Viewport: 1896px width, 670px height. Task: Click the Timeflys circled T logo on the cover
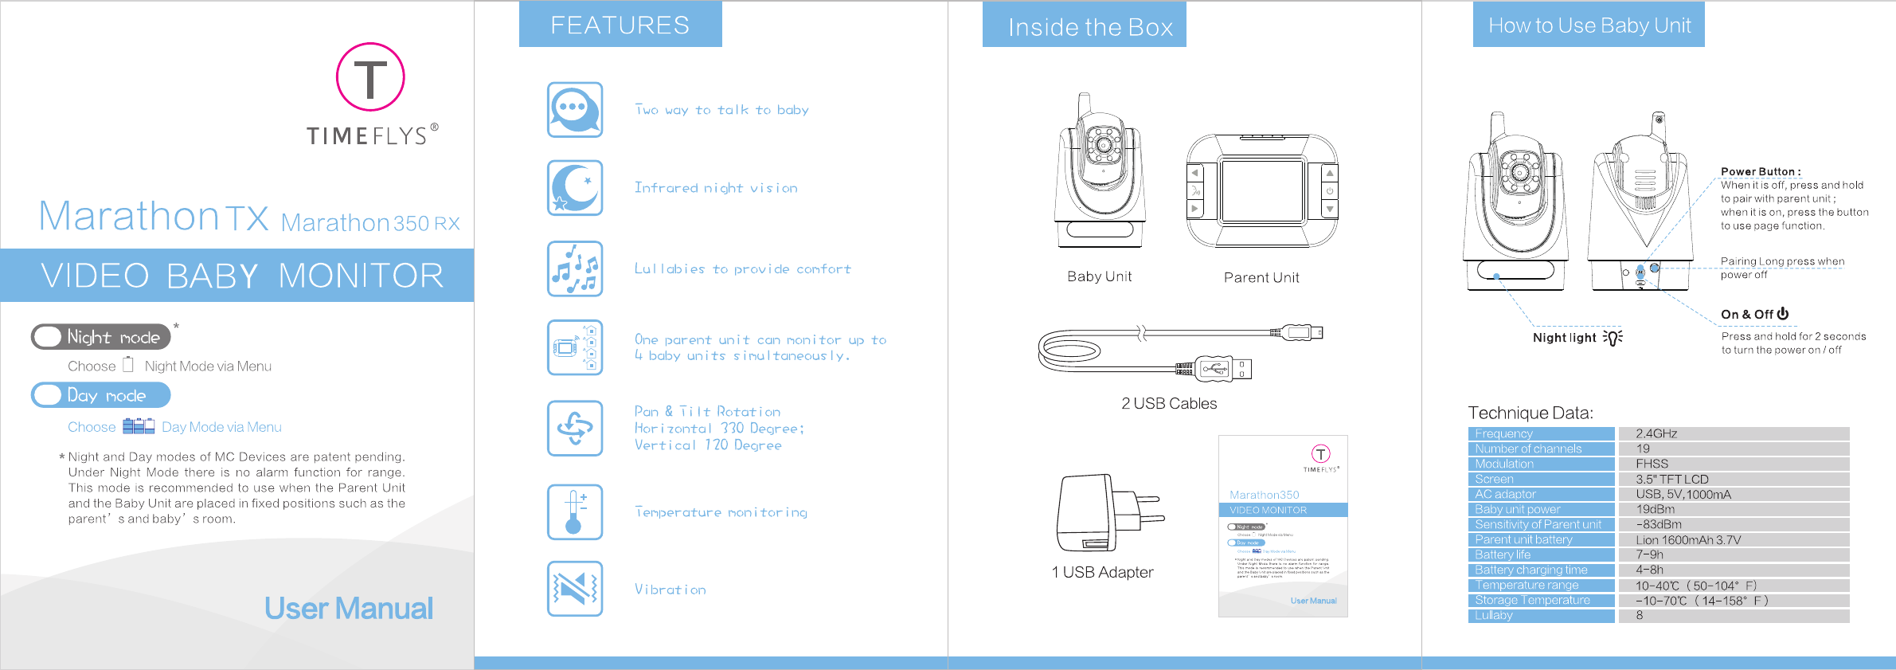point(370,77)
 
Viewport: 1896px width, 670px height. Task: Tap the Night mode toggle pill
point(101,337)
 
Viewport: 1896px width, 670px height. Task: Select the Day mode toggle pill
point(101,395)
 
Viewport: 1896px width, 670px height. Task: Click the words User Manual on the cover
point(349,609)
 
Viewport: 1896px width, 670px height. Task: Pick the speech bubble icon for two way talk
point(575,110)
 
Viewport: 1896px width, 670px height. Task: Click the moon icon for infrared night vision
point(575,188)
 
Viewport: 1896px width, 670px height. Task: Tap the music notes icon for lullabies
point(575,269)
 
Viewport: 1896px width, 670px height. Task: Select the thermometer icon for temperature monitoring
point(575,512)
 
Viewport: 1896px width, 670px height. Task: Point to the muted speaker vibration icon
point(575,590)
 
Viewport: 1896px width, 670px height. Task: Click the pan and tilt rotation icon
point(575,429)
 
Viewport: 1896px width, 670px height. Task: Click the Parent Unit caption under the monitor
point(1261,278)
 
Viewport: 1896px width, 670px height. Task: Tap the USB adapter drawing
point(1107,513)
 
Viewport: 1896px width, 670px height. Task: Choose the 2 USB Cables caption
point(1169,404)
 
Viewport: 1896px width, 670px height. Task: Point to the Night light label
point(1565,338)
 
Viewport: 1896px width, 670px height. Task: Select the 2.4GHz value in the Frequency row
point(1656,434)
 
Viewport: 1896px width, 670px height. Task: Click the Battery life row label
point(1503,555)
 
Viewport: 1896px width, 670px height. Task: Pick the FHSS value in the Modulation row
point(1652,464)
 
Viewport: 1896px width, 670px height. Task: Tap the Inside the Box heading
point(1090,27)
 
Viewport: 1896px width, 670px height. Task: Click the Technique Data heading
point(1530,413)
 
